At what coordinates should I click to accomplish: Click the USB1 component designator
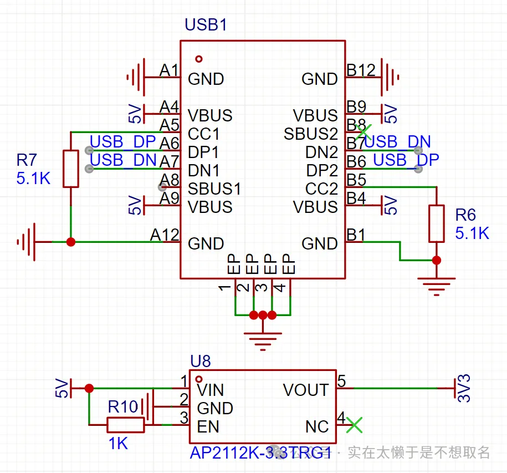[206, 25]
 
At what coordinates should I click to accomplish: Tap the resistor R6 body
[437, 223]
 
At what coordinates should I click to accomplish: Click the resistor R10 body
[125, 425]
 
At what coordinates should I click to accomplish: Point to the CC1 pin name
[204, 134]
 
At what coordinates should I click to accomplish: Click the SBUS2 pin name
[310, 134]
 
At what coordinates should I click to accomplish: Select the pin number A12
[165, 235]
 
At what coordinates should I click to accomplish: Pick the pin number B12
[361, 70]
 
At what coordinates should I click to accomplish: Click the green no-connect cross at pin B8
[363, 131]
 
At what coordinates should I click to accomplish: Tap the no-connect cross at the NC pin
[354, 425]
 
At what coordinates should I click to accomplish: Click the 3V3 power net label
[464, 388]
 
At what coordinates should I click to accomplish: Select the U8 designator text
[200, 362]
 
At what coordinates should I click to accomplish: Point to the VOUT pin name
[305, 390]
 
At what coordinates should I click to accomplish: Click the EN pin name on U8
[208, 426]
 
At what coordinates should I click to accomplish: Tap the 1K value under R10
[118, 444]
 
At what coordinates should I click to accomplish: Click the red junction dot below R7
[71, 242]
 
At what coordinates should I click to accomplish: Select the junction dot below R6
[437, 260]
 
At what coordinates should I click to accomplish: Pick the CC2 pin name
[321, 189]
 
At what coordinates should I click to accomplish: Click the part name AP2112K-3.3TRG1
[260, 453]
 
